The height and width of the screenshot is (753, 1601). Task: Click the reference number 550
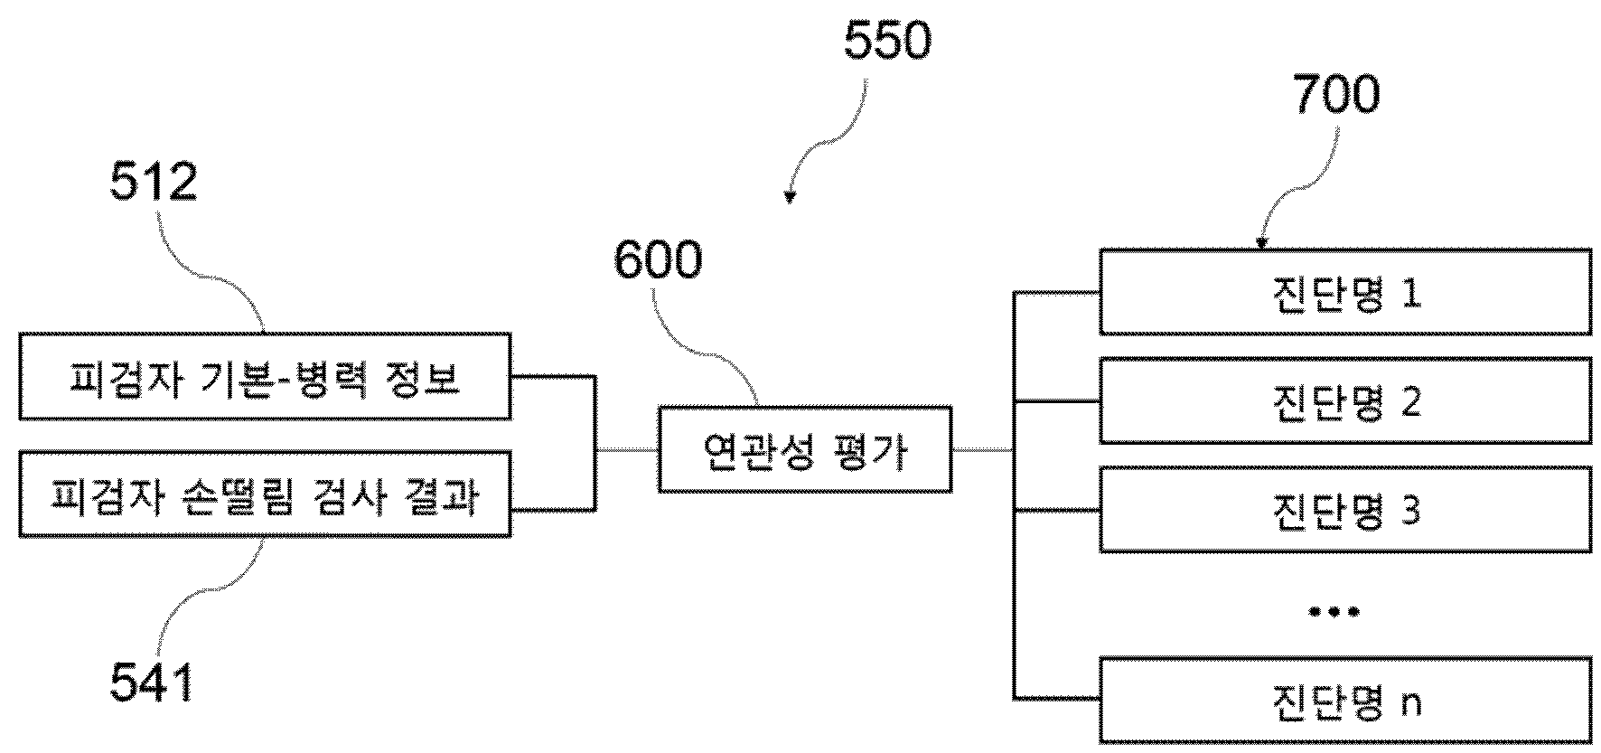click(x=887, y=42)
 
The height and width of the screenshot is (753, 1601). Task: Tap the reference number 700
click(x=1336, y=95)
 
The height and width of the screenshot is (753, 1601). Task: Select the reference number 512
click(x=154, y=184)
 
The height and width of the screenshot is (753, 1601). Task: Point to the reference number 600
click(x=657, y=260)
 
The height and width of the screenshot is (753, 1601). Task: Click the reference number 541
click(x=152, y=682)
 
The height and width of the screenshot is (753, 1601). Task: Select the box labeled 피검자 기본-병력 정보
click(x=265, y=376)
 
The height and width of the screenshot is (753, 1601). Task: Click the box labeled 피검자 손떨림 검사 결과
click(x=265, y=494)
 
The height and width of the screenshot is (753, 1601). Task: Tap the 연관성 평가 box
click(x=805, y=449)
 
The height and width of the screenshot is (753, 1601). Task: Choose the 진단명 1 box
click(x=1345, y=291)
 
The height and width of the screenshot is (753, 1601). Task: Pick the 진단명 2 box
click(x=1345, y=400)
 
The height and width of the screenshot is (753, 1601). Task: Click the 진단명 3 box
click(x=1345, y=510)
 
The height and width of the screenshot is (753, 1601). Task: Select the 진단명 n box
click(x=1345, y=701)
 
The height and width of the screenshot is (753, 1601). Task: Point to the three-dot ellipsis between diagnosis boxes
click(x=1334, y=612)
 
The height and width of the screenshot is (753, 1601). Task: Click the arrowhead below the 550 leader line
click(x=790, y=197)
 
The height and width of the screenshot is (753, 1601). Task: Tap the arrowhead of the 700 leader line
click(x=1261, y=242)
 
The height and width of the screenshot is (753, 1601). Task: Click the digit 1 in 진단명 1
click(x=1410, y=293)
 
